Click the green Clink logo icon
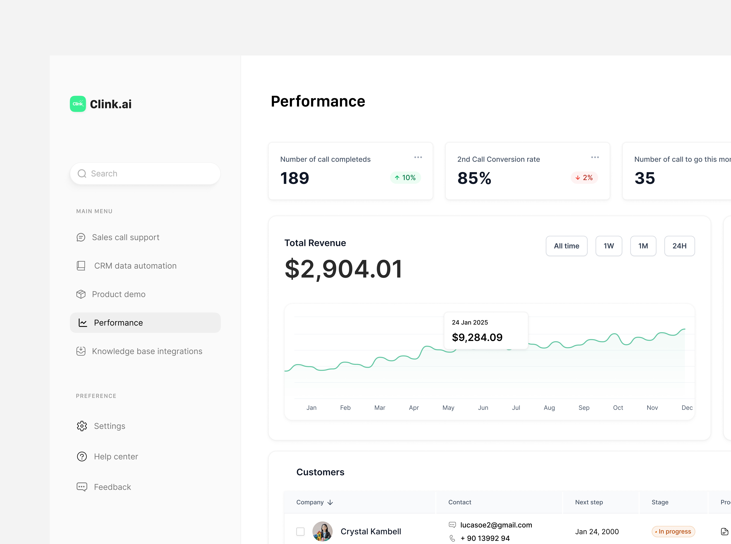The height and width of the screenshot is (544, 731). tap(78, 104)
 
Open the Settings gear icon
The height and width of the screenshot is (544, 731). tap(82, 426)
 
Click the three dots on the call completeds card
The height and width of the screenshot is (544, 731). tap(418, 157)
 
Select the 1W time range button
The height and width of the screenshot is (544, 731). tap(609, 246)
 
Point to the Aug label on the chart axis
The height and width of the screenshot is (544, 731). tap(549, 408)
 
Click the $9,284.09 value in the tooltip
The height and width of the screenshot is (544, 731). tap(477, 337)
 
